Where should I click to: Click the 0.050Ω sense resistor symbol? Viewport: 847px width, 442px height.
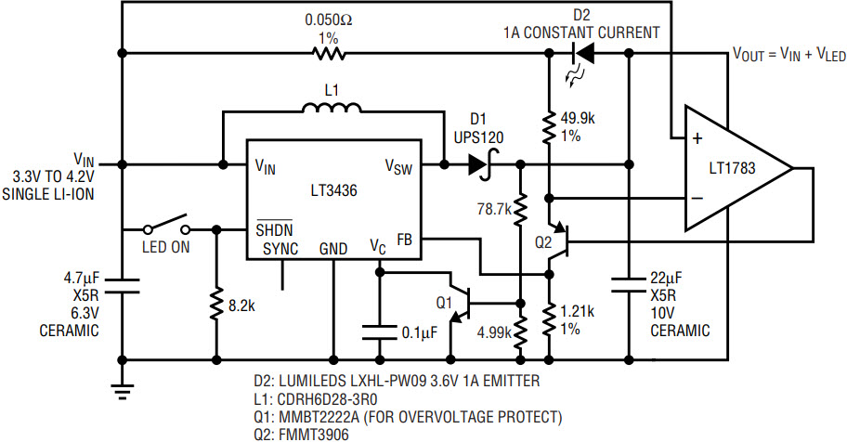click(x=329, y=53)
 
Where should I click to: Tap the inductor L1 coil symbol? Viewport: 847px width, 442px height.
click(x=332, y=108)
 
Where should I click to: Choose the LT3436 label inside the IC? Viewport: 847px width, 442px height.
click(x=333, y=190)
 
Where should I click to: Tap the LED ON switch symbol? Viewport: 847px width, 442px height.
click(x=166, y=224)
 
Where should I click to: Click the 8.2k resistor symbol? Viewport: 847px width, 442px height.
click(x=216, y=305)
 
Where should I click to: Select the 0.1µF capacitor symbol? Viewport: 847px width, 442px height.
click(x=380, y=331)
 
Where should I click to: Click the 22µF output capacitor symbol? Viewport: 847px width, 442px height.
click(x=629, y=285)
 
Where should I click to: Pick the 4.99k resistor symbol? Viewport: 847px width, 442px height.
click(x=520, y=331)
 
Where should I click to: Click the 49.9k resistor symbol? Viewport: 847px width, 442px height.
click(x=549, y=127)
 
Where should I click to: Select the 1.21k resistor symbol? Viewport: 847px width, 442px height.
click(x=549, y=320)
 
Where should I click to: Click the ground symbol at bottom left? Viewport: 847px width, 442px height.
click(x=123, y=391)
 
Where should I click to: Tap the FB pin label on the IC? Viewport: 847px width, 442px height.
click(x=405, y=239)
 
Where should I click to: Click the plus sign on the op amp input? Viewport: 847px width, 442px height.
click(x=697, y=138)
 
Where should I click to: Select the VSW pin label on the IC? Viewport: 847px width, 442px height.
click(x=398, y=166)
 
